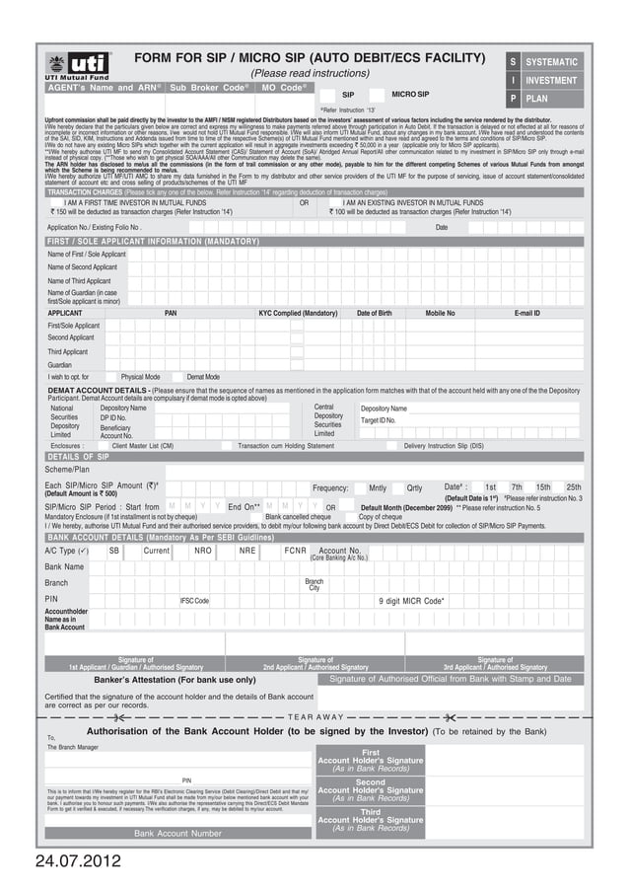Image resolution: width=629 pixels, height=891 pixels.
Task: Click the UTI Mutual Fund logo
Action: pyautogui.click(x=77, y=66)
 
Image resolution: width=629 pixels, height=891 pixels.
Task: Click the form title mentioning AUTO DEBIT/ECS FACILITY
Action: pyautogui.click(x=310, y=59)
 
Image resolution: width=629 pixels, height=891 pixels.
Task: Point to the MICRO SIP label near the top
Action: pyautogui.click(x=410, y=94)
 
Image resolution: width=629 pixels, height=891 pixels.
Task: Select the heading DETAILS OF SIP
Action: pyautogui.click(x=78, y=457)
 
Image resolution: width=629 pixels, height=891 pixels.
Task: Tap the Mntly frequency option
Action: pyautogui.click(x=378, y=487)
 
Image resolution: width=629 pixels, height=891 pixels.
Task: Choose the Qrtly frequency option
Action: pyautogui.click(x=414, y=487)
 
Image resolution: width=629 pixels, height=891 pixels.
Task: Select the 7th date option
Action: pyautogui.click(x=517, y=487)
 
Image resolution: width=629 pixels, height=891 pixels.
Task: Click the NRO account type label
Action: pyautogui.click(x=203, y=551)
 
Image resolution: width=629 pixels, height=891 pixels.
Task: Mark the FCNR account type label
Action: pyautogui.click(x=296, y=551)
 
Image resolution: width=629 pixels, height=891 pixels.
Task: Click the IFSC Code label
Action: pyautogui.click(x=193, y=600)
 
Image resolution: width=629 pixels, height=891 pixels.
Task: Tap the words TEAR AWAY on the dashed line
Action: pyautogui.click(x=315, y=716)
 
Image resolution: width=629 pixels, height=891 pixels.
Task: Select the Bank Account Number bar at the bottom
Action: pyautogui.click(x=177, y=833)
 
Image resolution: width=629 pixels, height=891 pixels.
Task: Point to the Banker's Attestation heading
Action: pyautogui.click(x=175, y=680)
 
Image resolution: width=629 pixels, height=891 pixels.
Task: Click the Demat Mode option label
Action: pyautogui.click(x=203, y=377)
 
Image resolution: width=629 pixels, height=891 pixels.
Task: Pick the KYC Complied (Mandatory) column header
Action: pyautogui.click(x=298, y=313)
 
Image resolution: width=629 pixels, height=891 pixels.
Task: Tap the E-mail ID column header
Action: pyautogui.click(x=527, y=313)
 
